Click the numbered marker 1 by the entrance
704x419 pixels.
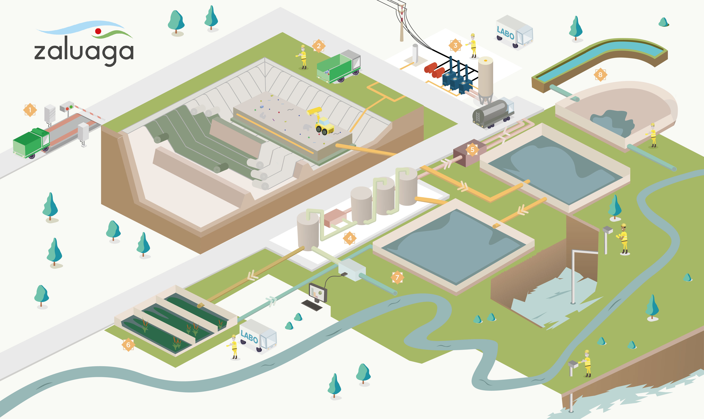pyautogui.click(x=30, y=110)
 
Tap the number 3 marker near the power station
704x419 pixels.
pyautogui.click(x=455, y=45)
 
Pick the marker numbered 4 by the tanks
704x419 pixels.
pyautogui.click(x=350, y=238)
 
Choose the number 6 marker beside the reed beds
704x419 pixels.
pyautogui.click(x=128, y=345)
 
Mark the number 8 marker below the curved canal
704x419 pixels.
pyautogui.click(x=600, y=74)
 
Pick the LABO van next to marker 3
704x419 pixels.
pyautogui.click(x=514, y=32)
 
